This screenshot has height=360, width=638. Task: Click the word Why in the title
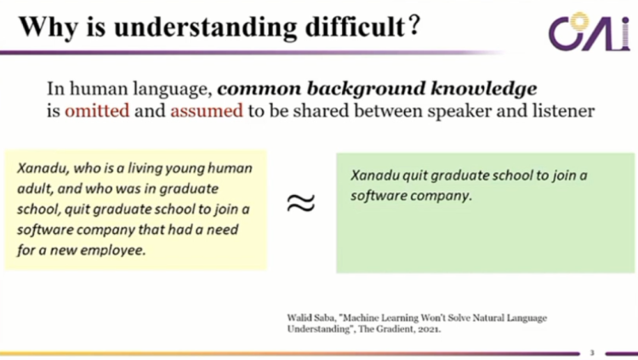click(48, 28)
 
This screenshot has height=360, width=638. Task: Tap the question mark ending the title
click(413, 26)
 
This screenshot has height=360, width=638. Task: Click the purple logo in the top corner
click(589, 31)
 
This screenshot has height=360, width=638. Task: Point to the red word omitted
click(97, 111)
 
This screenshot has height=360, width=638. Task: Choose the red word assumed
click(207, 111)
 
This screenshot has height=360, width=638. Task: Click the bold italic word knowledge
click(483, 89)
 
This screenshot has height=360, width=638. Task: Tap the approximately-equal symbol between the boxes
click(300, 203)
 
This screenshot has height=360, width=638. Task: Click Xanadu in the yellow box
click(43, 169)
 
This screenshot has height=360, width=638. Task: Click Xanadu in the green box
click(374, 175)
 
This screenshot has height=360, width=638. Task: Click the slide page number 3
click(592, 352)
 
